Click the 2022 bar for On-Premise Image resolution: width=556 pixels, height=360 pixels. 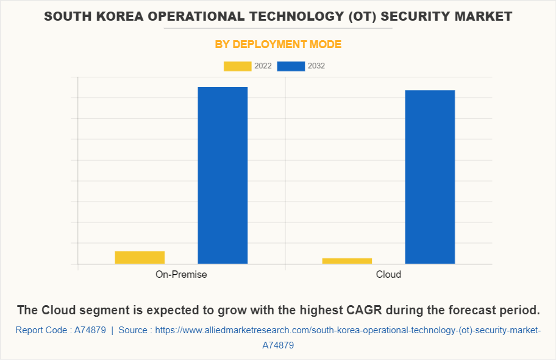(x=140, y=257)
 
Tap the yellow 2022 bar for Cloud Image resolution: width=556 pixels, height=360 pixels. (x=347, y=261)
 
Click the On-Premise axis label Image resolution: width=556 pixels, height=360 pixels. (x=181, y=274)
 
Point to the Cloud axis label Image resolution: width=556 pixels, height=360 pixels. (x=388, y=274)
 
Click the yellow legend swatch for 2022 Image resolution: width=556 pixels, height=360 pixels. (x=238, y=66)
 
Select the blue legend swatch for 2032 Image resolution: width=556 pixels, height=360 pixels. (x=291, y=66)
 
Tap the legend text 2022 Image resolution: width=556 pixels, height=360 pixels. (x=263, y=66)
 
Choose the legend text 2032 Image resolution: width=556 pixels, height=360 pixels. (x=316, y=66)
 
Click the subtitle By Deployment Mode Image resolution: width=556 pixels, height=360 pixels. (x=278, y=44)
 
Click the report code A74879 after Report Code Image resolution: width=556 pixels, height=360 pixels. (x=91, y=330)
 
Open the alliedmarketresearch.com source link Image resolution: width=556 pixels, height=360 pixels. (x=347, y=330)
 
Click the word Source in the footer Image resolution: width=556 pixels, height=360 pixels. (x=133, y=330)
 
